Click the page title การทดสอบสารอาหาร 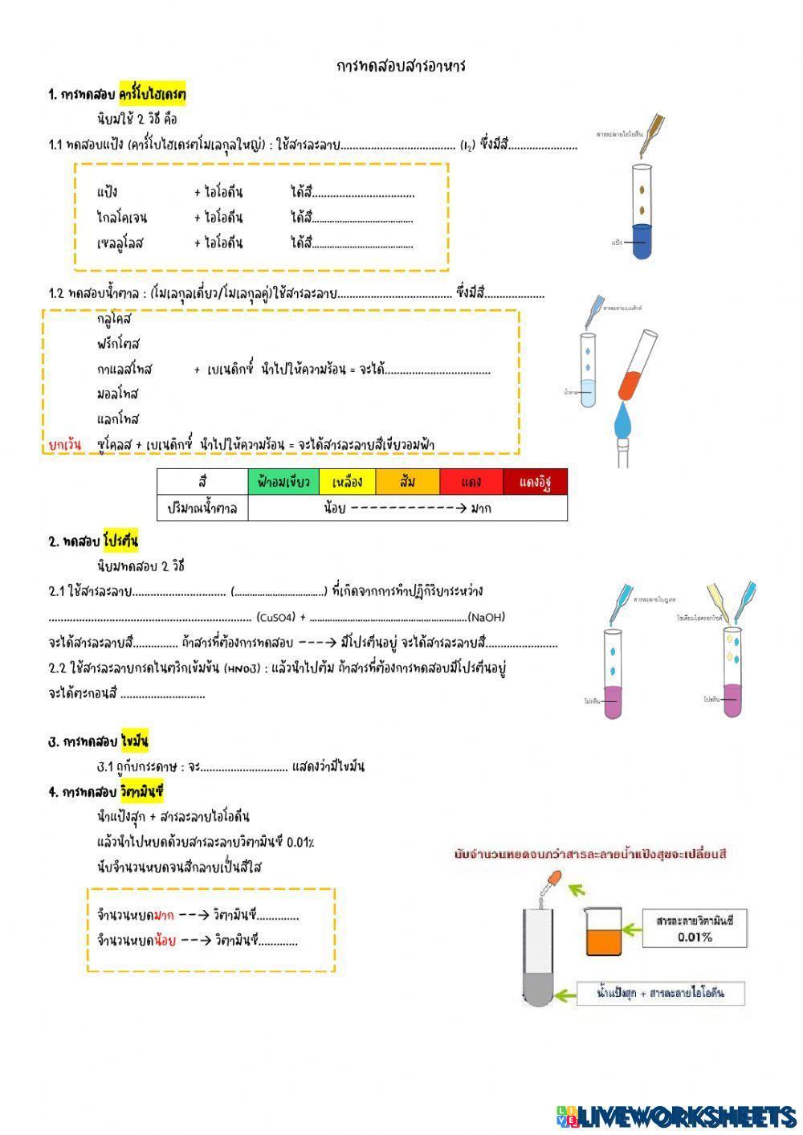(x=401, y=66)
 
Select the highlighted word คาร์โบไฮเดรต (x=153, y=95)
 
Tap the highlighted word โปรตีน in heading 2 (x=120, y=541)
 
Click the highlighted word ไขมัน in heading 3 (x=135, y=741)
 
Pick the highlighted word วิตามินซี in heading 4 (x=142, y=792)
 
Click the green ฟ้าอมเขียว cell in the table (x=283, y=482)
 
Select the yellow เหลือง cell (x=347, y=482)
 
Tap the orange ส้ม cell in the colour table (x=408, y=482)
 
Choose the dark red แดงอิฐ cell (x=535, y=482)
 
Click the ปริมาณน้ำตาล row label (x=202, y=508)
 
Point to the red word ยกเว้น (x=65, y=444)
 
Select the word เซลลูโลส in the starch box (x=120, y=243)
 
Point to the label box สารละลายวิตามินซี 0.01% (x=695, y=929)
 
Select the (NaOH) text (x=486, y=617)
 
